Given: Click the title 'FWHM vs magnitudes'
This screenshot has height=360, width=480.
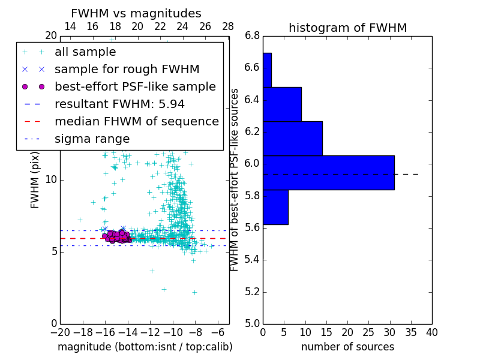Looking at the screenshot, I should tap(136, 13).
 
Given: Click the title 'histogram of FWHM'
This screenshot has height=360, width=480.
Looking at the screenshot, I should tap(347, 28).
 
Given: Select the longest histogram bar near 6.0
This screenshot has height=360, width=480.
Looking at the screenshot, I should tap(328, 172).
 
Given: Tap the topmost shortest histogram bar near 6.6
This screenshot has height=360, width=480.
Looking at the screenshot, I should tap(267, 70).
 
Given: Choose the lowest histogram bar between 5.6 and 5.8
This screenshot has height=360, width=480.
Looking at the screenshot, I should tap(275, 207).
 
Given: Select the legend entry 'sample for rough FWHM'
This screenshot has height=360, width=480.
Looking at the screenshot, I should tap(127, 70).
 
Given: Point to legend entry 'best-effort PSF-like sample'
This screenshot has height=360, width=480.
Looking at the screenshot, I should tap(135, 87).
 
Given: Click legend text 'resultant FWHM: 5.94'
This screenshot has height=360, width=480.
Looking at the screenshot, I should tap(119, 104).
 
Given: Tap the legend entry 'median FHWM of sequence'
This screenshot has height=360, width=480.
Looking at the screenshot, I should tap(136, 122).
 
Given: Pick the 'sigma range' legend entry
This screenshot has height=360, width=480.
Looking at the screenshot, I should tap(92, 139).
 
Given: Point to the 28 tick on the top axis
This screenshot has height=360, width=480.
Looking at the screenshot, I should tap(228, 26).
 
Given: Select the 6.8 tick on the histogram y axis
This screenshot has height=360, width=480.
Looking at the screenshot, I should tap(252, 35).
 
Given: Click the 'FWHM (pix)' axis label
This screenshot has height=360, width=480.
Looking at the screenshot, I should tap(35, 179).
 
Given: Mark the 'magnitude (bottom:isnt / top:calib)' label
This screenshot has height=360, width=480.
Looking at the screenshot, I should tap(145, 347).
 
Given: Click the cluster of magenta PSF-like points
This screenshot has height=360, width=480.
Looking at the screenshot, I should tap(117, 236).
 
